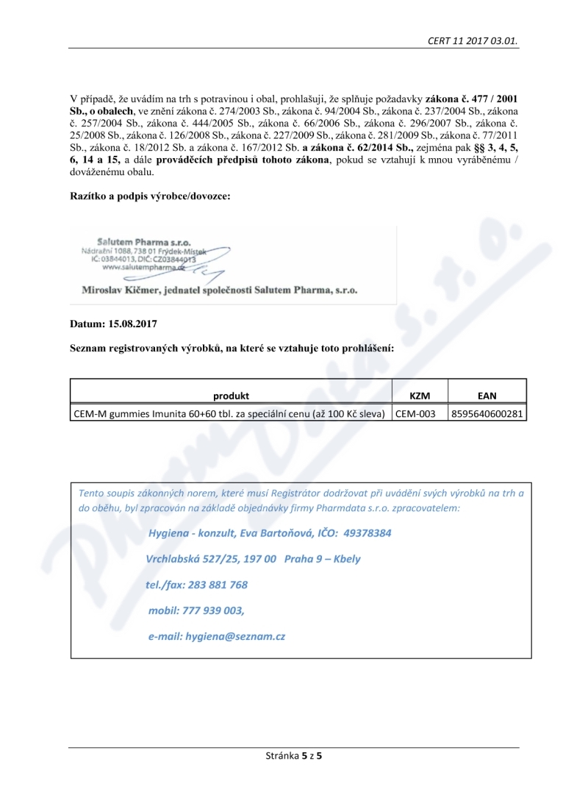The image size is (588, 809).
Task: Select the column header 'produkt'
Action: click(x=231, y=396)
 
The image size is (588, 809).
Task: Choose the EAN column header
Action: click(x=487, y=396)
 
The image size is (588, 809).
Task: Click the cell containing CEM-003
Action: click(x=416, y=414)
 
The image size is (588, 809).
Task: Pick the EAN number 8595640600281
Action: click(x=487, y=414)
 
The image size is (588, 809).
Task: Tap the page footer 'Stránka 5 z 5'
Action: click(x=293, y=755)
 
